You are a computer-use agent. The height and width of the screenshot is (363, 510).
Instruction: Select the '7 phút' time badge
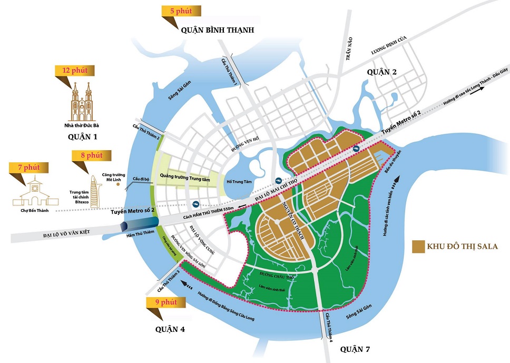[x=28, y=168]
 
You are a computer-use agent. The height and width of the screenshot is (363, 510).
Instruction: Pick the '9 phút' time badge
[x=165, y=303]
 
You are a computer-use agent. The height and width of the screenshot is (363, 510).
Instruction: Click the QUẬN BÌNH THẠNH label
[x=218, y=31]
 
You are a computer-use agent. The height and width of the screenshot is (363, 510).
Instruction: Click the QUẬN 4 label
[x=169, y=329]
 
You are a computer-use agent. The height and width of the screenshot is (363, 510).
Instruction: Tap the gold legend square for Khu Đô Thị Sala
[x=419, y=246]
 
